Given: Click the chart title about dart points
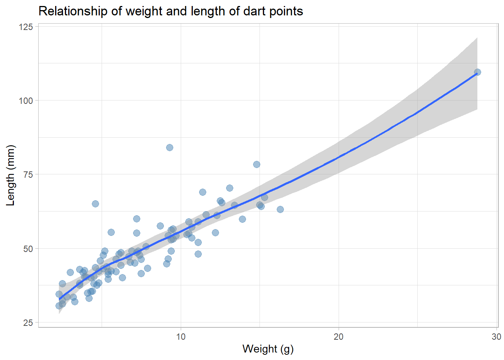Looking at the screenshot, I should tap(171, 11).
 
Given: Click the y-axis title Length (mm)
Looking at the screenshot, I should tap(11, 175).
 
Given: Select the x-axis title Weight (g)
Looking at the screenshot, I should tap(268, 349).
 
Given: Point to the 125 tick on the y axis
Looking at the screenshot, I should tap(26, 27).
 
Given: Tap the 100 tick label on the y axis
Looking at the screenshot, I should tap(26, 101).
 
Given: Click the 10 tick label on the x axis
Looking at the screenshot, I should tap(181, 337).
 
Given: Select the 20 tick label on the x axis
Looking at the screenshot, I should tap(339, 337).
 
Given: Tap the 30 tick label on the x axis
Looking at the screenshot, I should tap(496, 337).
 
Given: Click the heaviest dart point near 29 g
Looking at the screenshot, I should tap(477, 72).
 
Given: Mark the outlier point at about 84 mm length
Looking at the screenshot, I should tap(169, 147).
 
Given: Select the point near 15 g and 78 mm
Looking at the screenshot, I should tap(256, 164).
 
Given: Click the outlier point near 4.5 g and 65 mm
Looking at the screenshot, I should tap(95, 204).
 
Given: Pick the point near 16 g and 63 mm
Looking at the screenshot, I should tap(280, 209).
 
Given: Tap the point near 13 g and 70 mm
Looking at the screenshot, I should tap(229, 188).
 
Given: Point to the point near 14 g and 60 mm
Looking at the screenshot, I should tap(242, 219).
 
